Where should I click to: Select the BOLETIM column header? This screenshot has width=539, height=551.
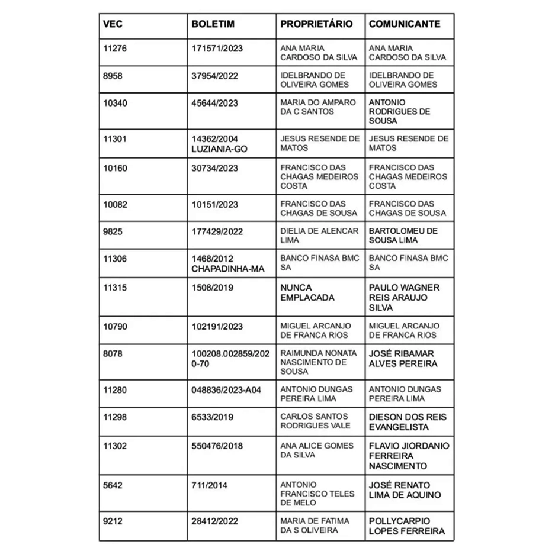[213, 24]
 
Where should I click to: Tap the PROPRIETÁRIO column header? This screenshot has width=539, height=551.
[316, 24]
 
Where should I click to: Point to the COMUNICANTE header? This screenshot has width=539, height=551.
[405, 24]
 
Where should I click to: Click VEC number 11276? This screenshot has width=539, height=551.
[115, 48]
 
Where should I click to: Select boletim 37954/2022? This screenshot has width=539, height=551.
[214, 75]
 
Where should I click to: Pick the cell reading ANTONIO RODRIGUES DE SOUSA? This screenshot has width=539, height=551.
[399, 111]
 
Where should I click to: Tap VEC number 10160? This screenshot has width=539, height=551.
[115, 168]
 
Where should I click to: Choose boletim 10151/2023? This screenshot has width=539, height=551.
[215, 204]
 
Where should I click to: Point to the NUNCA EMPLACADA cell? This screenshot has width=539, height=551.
[307, 292]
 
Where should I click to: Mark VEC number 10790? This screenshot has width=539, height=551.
[115, 326]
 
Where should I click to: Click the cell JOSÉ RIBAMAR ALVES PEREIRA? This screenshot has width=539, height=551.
[403, 358]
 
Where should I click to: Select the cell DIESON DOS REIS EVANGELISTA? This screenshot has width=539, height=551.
[408, 421]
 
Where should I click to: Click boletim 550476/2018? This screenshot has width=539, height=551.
[217, 446]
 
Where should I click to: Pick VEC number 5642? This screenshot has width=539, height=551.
[113, 485]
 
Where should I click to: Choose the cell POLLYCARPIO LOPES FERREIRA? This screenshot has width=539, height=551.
[406, 526]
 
